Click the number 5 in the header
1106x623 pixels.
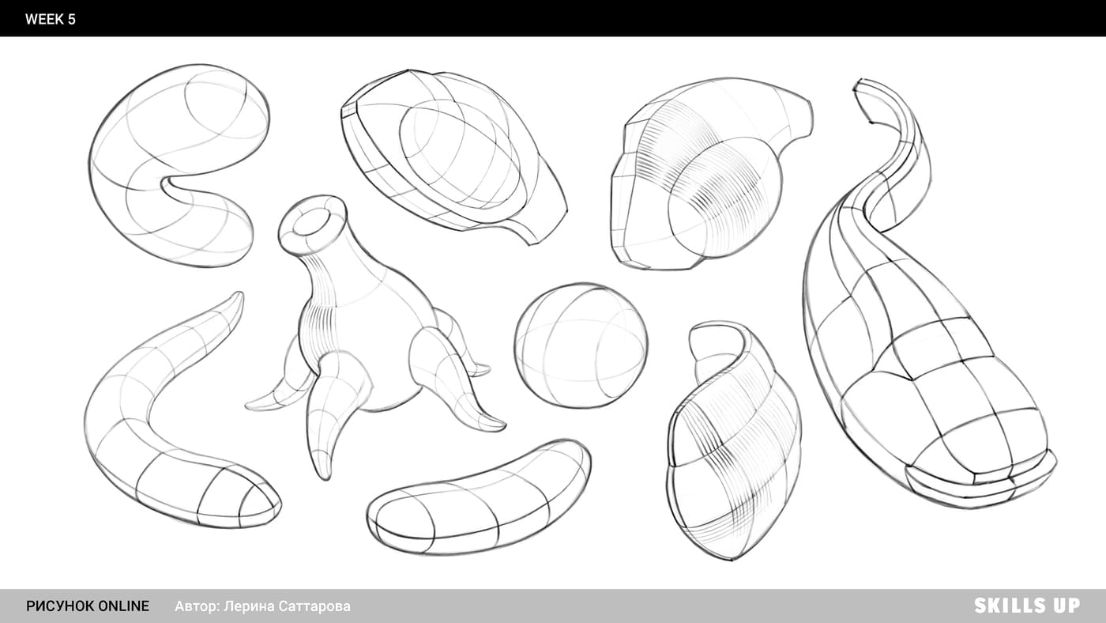71,19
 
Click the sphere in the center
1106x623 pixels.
581,345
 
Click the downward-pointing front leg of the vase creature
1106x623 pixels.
331,420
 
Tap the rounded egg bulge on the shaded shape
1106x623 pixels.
724,202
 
